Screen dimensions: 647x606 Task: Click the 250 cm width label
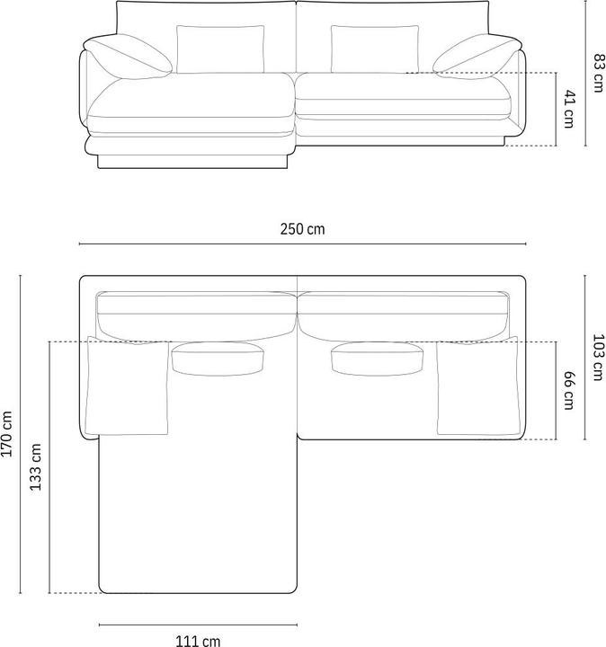[303, 229]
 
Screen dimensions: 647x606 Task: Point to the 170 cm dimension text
[8, 434]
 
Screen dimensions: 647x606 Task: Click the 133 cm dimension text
[35, 466]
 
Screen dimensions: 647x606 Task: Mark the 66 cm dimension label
[567, 390]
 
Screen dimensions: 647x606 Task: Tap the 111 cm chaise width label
[198, 640]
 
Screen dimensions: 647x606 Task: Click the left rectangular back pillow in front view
[220, 49]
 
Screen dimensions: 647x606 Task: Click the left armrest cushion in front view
[129, 57]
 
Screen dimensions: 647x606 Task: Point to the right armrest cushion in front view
[477, 56]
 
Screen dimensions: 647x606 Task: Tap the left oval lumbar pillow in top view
[217, 358]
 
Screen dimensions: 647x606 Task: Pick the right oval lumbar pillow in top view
[378, 359]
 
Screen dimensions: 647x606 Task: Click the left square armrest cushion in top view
[128, 386]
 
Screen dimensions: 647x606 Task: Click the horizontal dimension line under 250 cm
[303, 244]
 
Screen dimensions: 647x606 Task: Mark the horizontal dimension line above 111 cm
[198, 625]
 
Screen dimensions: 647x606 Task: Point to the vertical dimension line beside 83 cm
[585, 74]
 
